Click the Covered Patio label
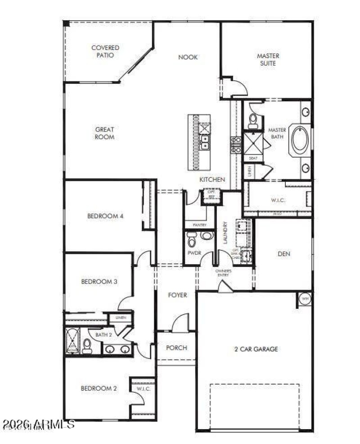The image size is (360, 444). pos(105,51)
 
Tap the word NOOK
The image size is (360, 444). pos(188,57)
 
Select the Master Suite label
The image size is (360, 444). pos(268,59)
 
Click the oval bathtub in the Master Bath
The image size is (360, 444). pos(299,140)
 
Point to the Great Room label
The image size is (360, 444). pos(104,133)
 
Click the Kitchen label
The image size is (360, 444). pos(212,179)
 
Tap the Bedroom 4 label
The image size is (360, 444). pos(105,216)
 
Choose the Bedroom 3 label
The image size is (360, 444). pos(99,282)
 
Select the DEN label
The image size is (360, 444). pos(283,254)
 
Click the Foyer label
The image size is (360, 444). pos(177,295)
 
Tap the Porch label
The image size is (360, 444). pos(176,348)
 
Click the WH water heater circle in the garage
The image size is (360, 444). pos(305,299)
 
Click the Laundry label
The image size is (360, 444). pos(225,232)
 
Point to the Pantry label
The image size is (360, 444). pos(199,224)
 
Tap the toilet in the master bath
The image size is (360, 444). pos(253,119)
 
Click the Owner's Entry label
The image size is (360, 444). pos(223,273)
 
